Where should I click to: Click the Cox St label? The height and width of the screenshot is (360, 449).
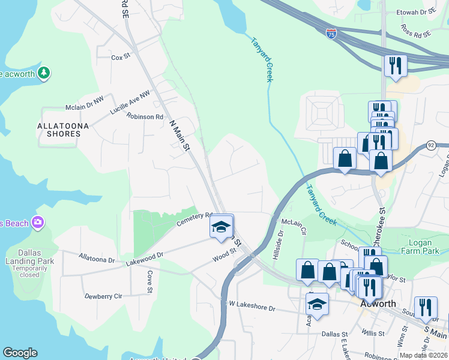(x=121, y=58)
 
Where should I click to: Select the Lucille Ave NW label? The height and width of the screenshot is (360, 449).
(x=130, y=102)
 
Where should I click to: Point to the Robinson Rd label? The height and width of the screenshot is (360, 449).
(x=145, y=117)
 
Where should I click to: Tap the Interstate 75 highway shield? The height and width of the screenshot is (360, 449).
(x=331, y=34)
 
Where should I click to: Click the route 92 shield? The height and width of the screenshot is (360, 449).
(x=430, y=145)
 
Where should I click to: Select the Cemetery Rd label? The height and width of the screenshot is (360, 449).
(x=194, y=219)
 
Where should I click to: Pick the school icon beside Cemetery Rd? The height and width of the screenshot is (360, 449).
(x=220, y=227)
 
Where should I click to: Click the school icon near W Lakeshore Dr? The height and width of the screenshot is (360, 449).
(x=317, y=305)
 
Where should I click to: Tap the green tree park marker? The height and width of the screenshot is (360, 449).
(x=43, y=73)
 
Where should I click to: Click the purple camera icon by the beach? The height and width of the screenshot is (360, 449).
(x=38, y=223)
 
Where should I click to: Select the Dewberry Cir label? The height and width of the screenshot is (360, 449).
(x=103, y=296)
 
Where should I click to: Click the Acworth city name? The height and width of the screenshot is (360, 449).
(x=379, y=304)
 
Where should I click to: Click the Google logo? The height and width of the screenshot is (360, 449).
(x=20, y=353)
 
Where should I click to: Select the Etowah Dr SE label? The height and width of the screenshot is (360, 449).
(x=418, y=11)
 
